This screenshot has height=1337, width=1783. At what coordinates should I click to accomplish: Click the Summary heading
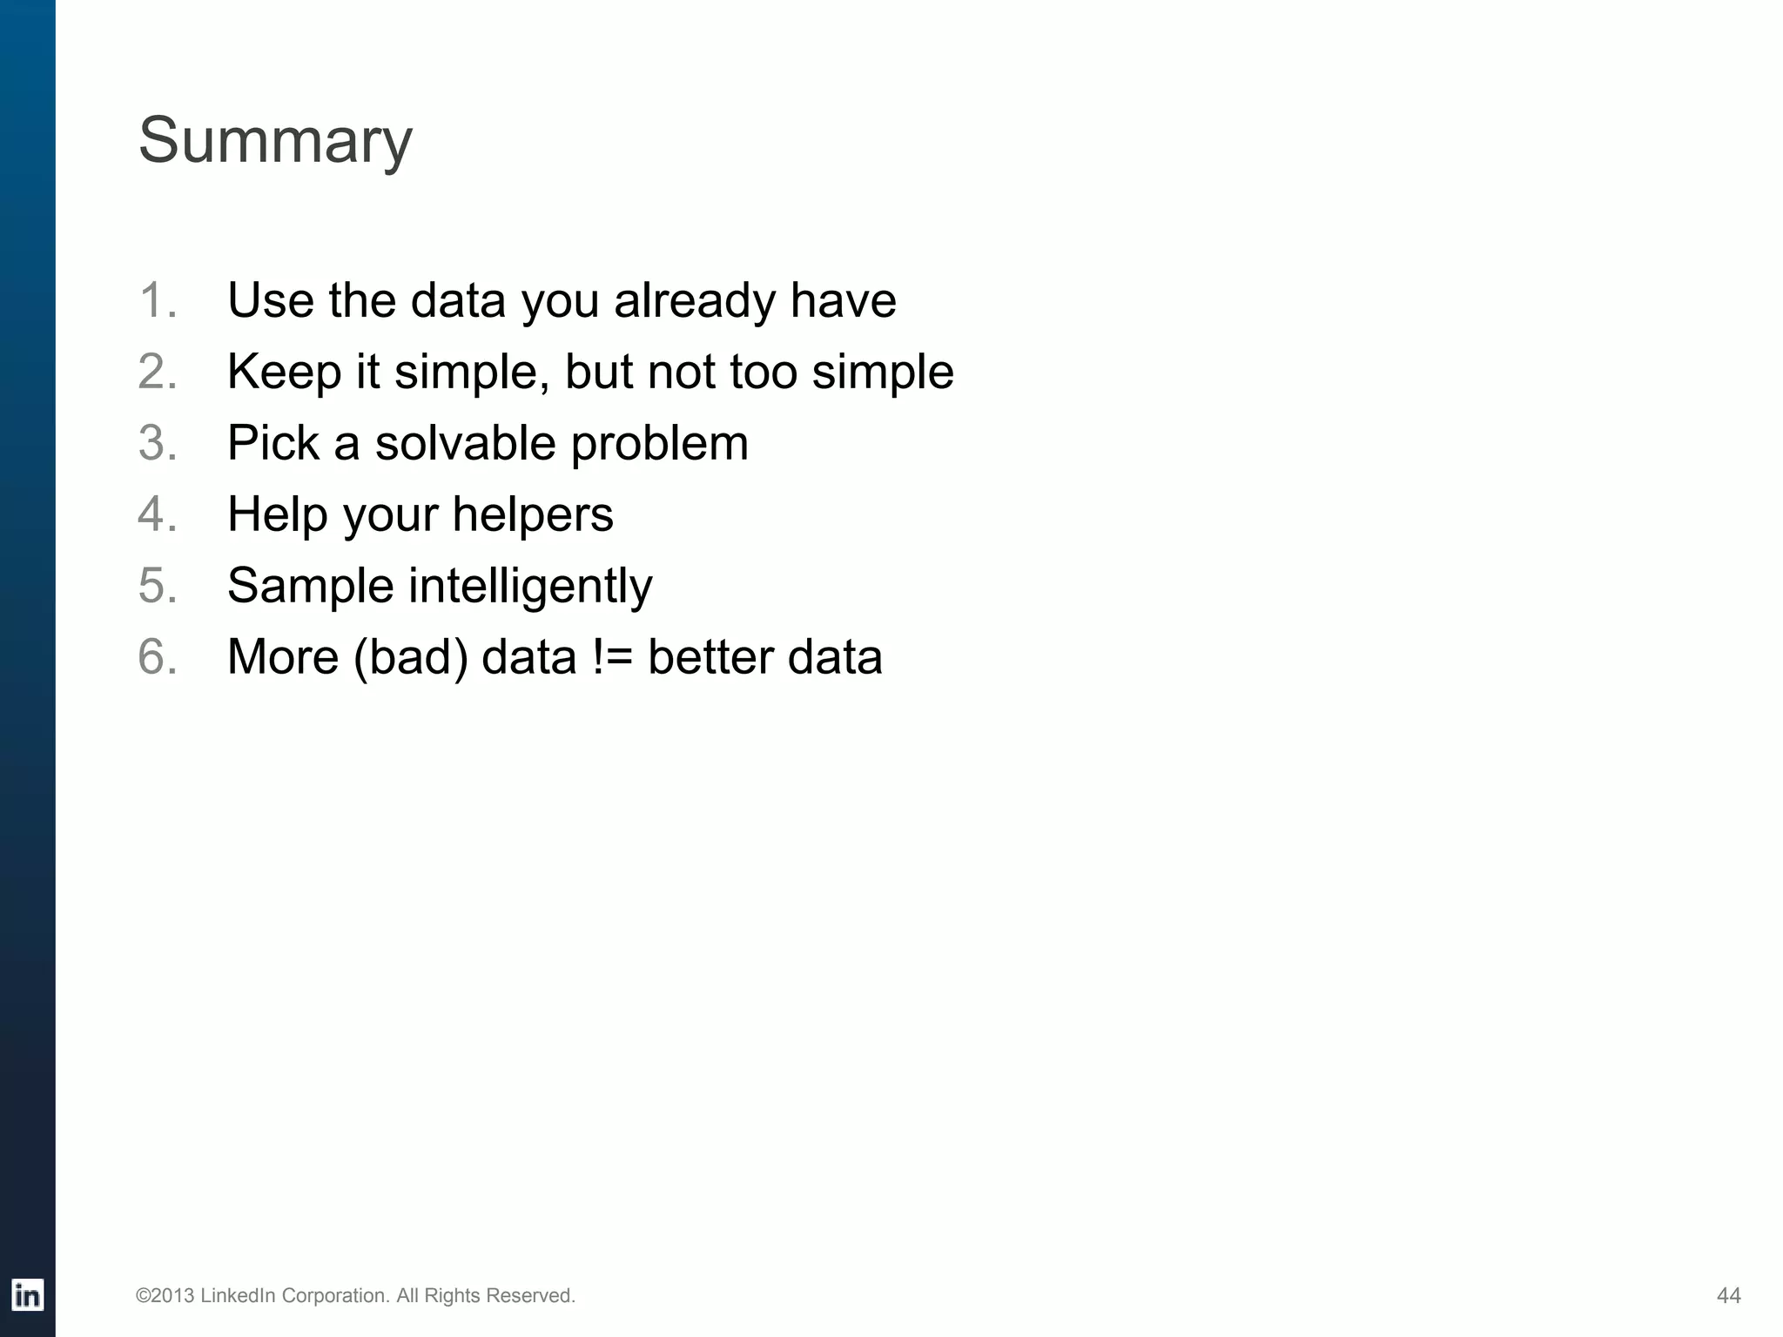coord(275,141)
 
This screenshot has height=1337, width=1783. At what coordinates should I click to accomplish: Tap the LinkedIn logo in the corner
coord(28,1295)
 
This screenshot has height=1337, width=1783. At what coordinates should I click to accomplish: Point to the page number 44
coord(1728,1296)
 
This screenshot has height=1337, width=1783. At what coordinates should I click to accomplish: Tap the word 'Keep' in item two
coord(284,372)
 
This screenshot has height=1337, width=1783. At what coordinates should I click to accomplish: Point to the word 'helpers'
coord(533,514)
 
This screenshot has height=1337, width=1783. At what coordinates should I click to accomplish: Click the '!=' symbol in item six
coord(612,657)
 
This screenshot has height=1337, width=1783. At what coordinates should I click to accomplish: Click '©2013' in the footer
coord(165,1296)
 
